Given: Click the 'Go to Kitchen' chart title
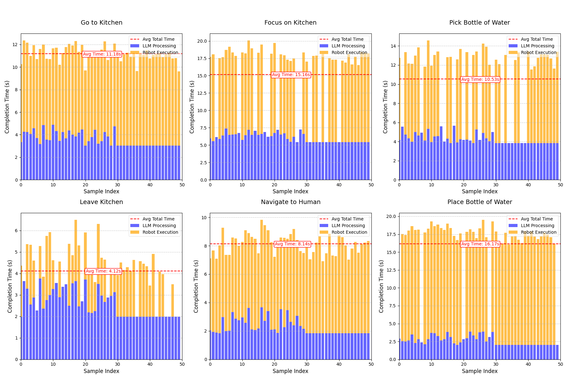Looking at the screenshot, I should pos(101,23).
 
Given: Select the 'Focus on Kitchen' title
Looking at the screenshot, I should pos(290,23).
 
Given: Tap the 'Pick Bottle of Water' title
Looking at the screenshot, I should pos(479,23).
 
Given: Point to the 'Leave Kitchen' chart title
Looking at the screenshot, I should pos(101,202).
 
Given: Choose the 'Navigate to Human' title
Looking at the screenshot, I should pos(290,202).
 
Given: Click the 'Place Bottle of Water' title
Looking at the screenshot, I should pos(479,202).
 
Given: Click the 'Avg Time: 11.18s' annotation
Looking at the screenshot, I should pos(102,54).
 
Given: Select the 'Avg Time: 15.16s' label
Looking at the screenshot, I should pos(291,75).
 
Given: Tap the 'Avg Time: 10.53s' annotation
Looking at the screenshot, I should pos(480,79).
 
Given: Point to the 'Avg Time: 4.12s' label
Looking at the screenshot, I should pos(103,271).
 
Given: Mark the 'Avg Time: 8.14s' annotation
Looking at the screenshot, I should pos(292,244).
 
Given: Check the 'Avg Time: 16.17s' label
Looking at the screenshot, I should pos(480,244).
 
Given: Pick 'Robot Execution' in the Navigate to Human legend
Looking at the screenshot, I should pos(349,232).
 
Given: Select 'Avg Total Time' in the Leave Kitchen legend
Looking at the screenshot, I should pos(158,219).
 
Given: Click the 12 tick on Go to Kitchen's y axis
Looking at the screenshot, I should pos(15,45).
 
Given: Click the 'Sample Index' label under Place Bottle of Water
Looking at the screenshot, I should pos(479,371).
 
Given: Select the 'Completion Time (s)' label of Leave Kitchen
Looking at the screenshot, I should pos(10,286).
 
